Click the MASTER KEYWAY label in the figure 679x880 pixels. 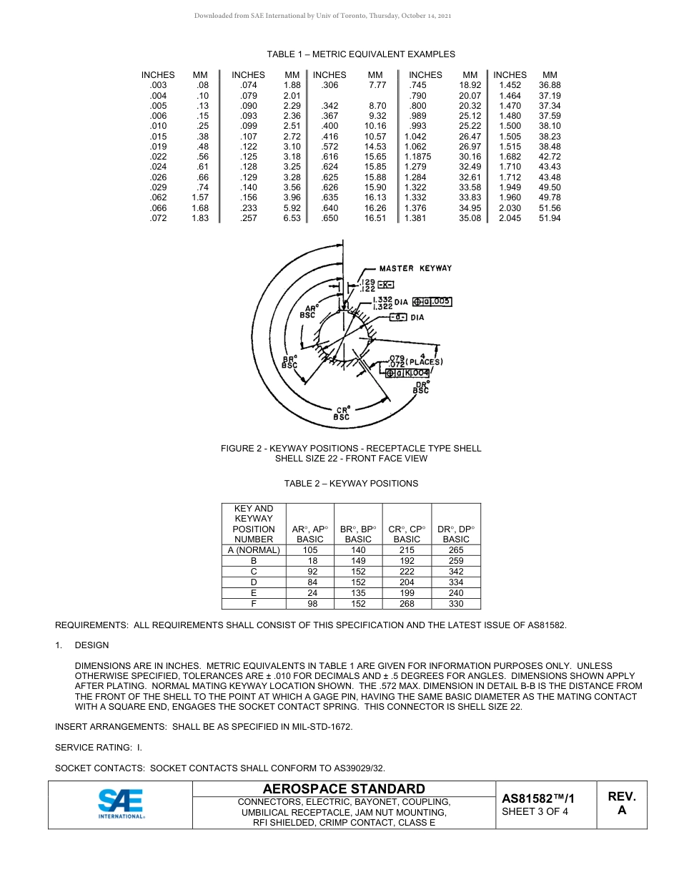tap(415, 268)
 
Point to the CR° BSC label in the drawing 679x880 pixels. tap(341, 413)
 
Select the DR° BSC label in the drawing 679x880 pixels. tap(422, 387)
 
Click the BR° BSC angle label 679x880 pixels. tap(289, 362)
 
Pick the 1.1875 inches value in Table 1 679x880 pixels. tap(417, 156)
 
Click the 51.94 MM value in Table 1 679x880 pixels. tap(549, 218)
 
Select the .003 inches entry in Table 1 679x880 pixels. tap(158, 85)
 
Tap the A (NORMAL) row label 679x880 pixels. tap(254, 550)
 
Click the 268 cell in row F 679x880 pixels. tap(407, 604)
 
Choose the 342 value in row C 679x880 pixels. tap(455, 572)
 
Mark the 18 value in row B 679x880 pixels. tap(310, 561)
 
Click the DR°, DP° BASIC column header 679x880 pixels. tap(455, 534)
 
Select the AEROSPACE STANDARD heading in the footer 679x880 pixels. tap(344, 789)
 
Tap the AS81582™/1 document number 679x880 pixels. tap(537, 798)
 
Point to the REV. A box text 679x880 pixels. tap(621, 803)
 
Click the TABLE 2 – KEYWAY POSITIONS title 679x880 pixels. tap(351, 484)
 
